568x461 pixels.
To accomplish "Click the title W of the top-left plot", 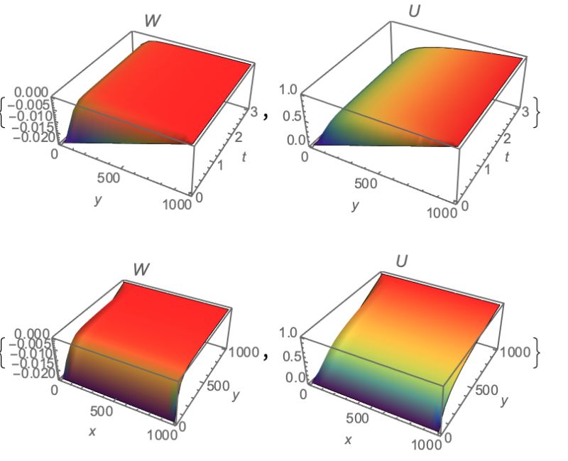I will pyautogui.click(x=152, y=21).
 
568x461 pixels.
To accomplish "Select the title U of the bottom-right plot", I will pyautogui.click(x=402, y=261).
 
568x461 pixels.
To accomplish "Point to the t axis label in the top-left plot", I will pyautogui.click(x=244, y=158).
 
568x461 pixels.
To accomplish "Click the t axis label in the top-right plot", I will pyautogui.click(x=507, y=156).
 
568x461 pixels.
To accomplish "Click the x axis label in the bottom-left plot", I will pyautogui.click(x=92, y=431).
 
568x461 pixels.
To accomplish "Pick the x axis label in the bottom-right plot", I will pyautogui.click(x=348, y=440).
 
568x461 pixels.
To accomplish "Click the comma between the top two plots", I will pyautogui.click(x=266, y=116).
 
